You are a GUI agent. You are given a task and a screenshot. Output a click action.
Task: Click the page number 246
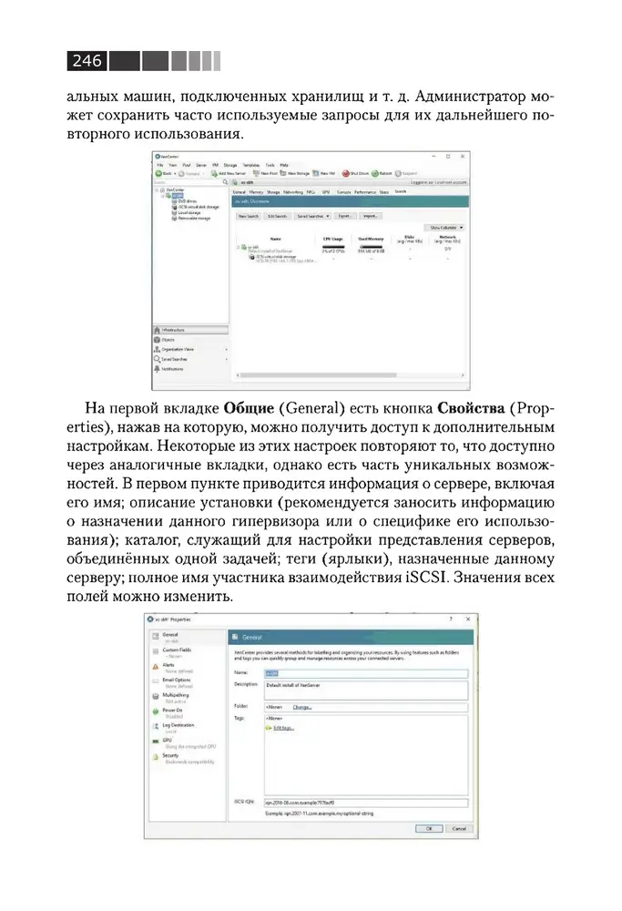coord(87,62)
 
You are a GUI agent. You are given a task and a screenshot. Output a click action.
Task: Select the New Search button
coord(250,217)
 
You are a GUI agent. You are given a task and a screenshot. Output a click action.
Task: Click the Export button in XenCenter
coord(345,217)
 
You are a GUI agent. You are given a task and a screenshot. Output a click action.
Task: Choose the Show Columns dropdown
coord(446,228)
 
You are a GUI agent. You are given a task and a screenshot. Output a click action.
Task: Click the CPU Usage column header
coord(333,239)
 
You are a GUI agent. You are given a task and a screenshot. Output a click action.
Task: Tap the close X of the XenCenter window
coord(463,157)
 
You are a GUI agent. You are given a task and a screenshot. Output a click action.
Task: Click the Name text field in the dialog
coord(364,674)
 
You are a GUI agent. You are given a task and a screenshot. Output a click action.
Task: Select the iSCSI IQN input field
coord(364,803)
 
